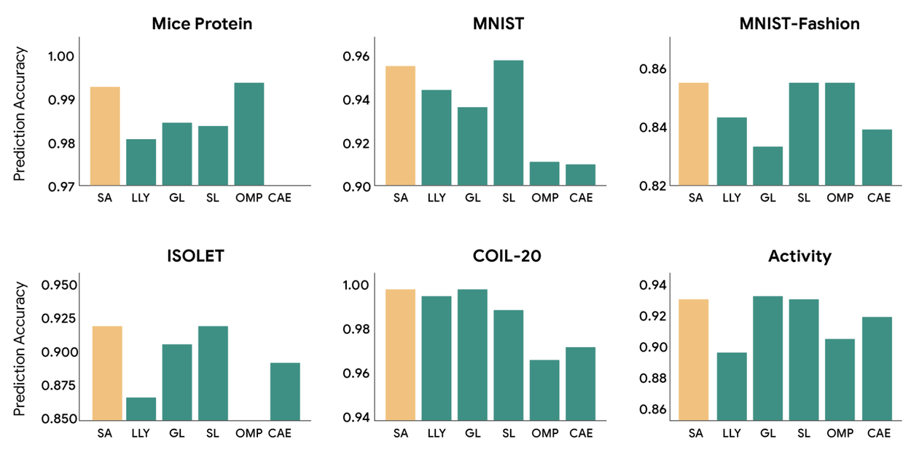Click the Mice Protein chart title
[202, 24]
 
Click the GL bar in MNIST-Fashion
[767, 166]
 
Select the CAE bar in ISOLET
[285, 391]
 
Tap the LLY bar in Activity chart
[732, 387]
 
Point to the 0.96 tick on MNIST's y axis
[356, 56]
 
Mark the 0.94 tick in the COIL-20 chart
[356, 418]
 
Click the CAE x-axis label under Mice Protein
[280, 197]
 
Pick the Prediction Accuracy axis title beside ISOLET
[20, 349]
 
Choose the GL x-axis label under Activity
[767, 433]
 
